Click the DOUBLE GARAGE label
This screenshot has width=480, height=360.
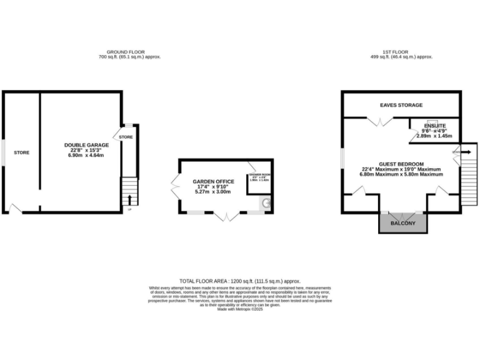coord(86,144)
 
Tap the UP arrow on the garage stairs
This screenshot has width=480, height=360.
coord(129,200)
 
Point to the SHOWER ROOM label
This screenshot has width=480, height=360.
coord(259,174)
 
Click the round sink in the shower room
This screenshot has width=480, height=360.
coord(266,202)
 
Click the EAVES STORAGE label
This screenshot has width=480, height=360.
coord(401,105)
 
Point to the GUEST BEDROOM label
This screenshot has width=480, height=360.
coord(401,164)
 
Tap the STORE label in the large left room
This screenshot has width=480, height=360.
coord(22,152)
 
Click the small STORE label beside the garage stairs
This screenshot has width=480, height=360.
coord(126,137)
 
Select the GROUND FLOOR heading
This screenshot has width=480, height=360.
coord(129,52)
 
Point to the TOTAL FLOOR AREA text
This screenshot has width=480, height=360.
coord(240,282)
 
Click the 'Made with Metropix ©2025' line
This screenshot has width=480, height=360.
coord(240,309)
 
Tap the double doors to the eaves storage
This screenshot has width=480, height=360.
coord(379,122)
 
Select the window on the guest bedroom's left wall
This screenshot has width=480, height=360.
coord(342,157)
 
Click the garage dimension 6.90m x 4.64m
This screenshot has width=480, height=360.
coord(86,155)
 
